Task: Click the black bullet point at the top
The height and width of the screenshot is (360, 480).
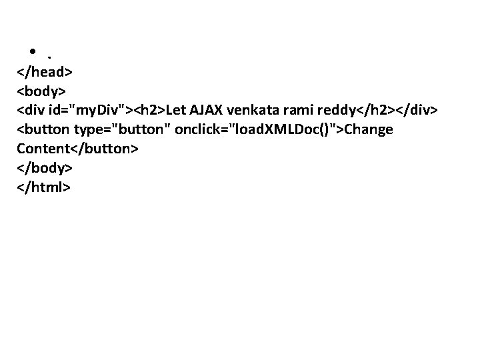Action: coord(32,51)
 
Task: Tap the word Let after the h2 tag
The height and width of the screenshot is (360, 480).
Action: coord(177,109)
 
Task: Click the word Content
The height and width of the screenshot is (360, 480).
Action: coord(41,148)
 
